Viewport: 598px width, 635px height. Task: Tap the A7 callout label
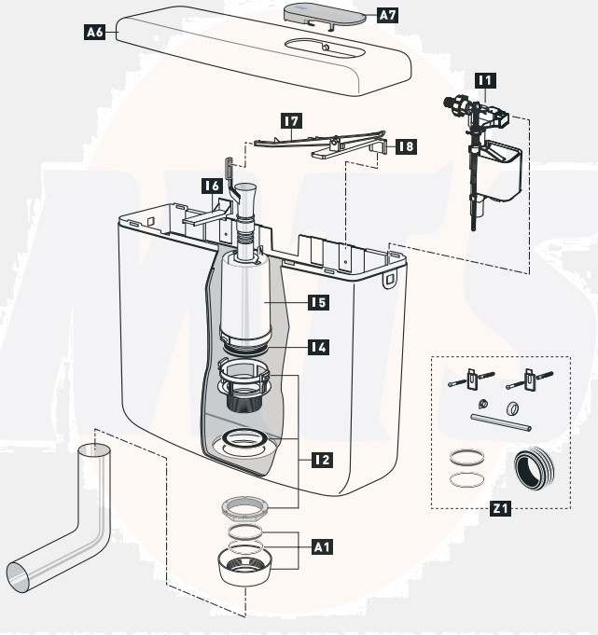tap(388, 15)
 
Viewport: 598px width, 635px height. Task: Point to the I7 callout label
tap(292, 121)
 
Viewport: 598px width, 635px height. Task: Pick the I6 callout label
tap(211, 186)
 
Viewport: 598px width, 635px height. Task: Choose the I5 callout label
tap(319, 302)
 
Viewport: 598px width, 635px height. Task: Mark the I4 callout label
tap(319, 347)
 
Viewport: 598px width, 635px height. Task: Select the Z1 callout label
tap(501, 509)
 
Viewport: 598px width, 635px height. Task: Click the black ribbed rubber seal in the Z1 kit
tap(535, 463)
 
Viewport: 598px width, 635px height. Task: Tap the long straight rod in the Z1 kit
tap(500, 423)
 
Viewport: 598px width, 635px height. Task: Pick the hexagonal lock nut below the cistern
tap(245, 507)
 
